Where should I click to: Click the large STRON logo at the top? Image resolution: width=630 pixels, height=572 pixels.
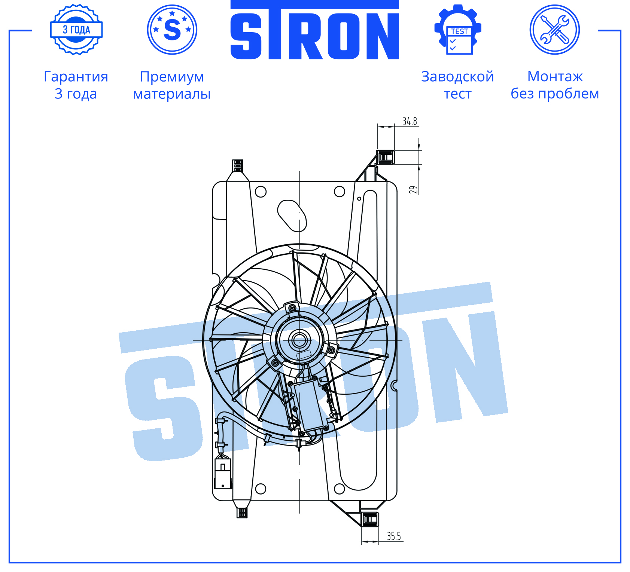click(x=314, y=30)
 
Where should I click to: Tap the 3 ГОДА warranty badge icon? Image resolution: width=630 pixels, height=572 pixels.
click(x=76, y=30)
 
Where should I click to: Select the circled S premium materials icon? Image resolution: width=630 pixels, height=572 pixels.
click(x=172, y=30)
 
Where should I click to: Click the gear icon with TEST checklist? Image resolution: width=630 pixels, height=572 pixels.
click(x=458, y=30)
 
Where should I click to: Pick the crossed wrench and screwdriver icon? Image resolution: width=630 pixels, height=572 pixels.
click(x=555, y=30)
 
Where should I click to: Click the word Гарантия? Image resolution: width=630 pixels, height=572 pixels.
click(x=76, y=76)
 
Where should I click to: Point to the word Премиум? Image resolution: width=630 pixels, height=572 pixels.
click(x=172, y=77)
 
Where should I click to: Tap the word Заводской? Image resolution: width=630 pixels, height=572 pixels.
click(x=457, y=76)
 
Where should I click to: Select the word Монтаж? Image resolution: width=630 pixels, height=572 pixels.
click(x=555, y=76)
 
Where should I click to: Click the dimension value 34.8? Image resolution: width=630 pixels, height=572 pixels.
click(x=410, y=121)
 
